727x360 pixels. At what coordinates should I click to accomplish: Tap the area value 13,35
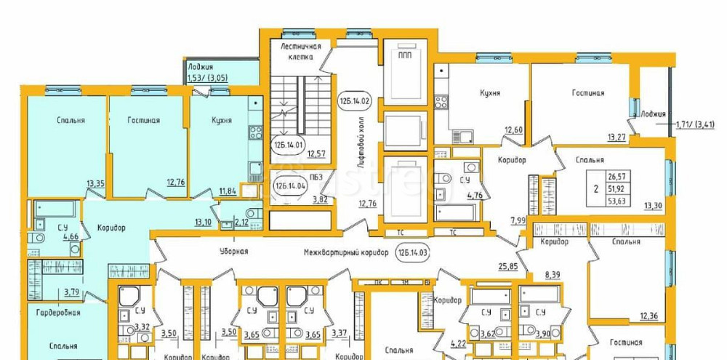coord(95,184)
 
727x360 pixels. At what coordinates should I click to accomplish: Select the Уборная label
coord(234,252)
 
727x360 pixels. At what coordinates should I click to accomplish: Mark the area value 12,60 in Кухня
coord(514,131)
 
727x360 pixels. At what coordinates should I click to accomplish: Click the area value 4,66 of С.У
coord(71,236)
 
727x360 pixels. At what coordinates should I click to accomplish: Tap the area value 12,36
coord(649,315)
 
